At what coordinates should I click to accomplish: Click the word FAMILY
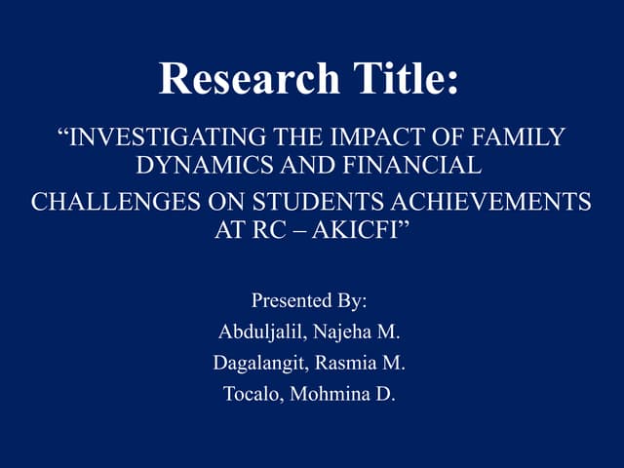pyautogui.click(x=526, y=137)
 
